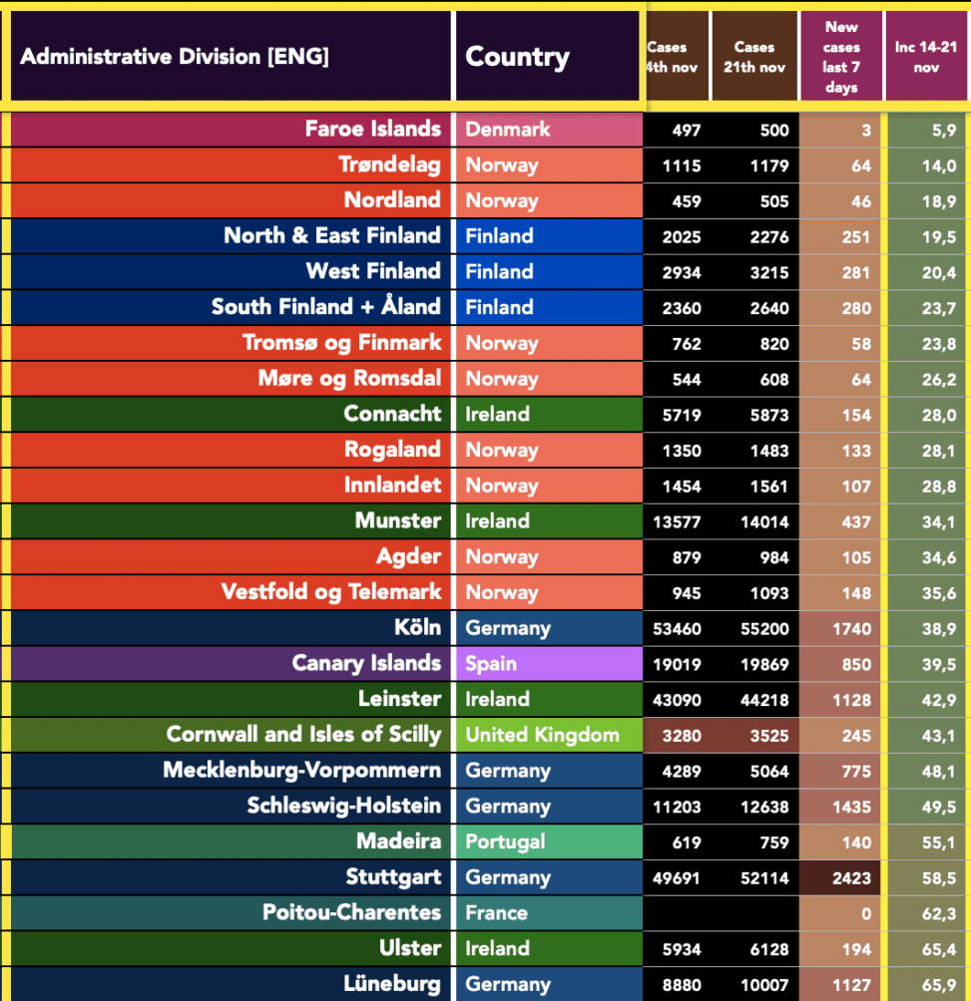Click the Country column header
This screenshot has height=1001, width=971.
point(517,57)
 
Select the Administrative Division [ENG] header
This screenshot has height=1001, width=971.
point(175,57)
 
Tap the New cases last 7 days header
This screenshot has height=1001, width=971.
point(841,57)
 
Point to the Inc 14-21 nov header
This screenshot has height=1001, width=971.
point(926,57)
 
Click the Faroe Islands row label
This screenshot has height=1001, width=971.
point(372,130)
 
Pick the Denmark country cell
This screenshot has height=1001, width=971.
point(508,130)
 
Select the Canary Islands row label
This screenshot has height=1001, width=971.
point(366,664)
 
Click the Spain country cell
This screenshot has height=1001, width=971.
point(491,664)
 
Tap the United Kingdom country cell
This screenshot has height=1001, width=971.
point(542,736)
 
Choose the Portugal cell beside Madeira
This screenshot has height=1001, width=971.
point(505,842)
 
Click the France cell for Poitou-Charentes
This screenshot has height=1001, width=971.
point(496,913)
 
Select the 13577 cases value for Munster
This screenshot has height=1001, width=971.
point(677,521)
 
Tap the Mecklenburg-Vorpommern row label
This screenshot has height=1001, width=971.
point(301,771)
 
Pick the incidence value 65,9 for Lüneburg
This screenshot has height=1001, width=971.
point(938,985)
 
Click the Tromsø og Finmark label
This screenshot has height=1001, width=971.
point(341,344)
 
